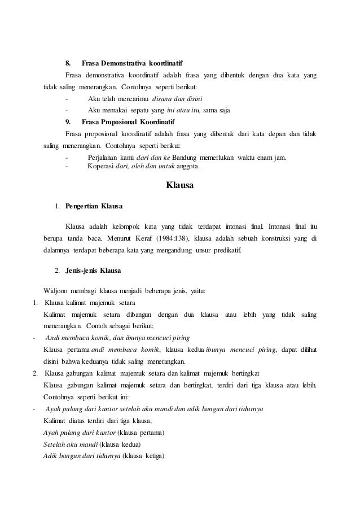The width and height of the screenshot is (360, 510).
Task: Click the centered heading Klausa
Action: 180,184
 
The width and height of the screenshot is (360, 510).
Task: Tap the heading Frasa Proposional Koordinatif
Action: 128,121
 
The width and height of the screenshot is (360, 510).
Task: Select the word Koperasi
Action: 101,166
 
